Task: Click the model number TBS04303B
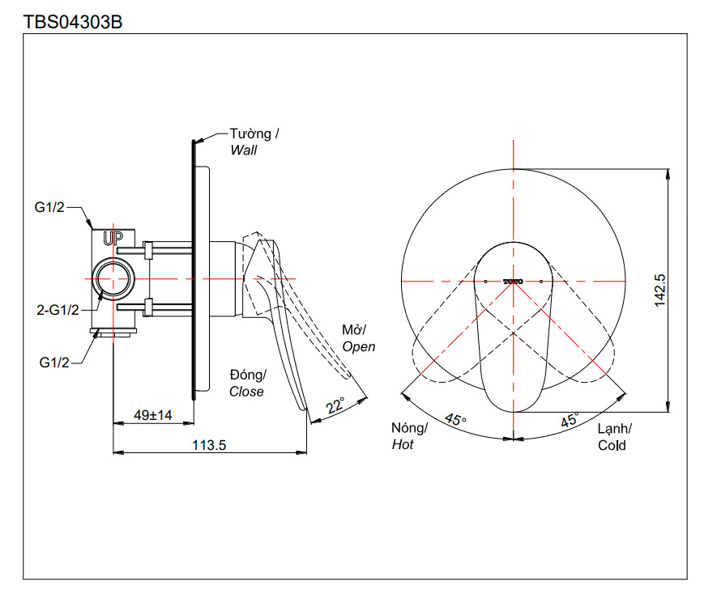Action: (73, 22)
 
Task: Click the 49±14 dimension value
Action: (152, 415)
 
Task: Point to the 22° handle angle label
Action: (335, 405)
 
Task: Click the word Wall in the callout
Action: (243, 150)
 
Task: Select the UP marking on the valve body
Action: (113, 238)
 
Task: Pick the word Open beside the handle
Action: (359, 346)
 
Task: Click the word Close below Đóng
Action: (246, 392)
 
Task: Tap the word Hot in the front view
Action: (403, 444)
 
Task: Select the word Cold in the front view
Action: (612, 445)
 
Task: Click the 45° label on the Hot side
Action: (455, 420)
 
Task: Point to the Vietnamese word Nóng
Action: (409, 428)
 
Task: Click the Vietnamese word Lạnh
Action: (615, 429)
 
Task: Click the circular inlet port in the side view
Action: (113, 278)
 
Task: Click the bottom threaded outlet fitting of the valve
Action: (114, 331)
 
